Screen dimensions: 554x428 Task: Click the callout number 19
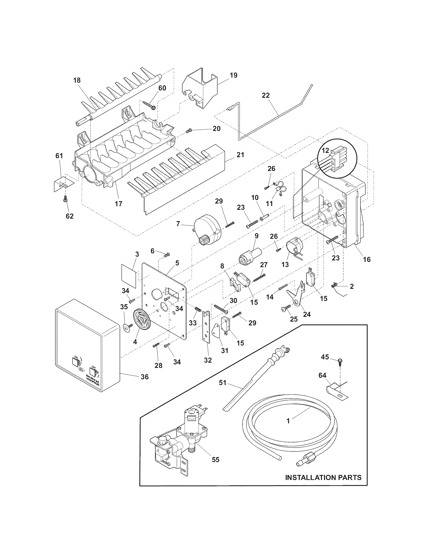[234, 75]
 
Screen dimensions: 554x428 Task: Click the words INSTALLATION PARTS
[323, 478]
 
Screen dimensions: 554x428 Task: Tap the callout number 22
[266, 95]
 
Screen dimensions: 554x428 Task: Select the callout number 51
[222, 383]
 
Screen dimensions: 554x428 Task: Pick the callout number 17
[119, 203]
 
